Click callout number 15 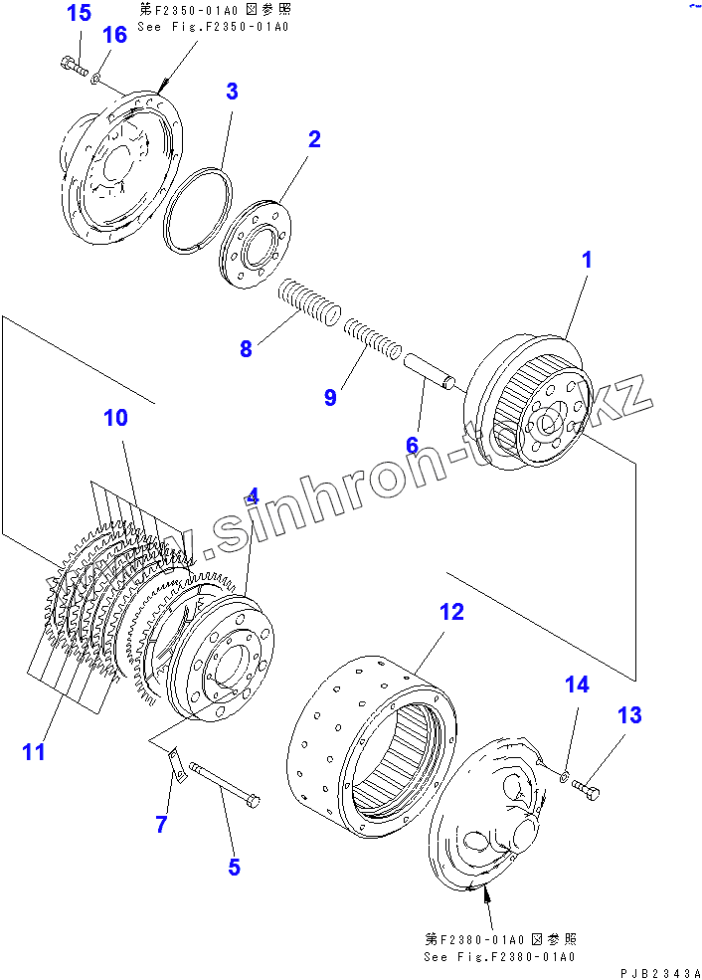79,14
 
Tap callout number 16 114,36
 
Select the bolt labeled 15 73,67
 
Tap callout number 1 586,261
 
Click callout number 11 34,752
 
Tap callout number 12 451,612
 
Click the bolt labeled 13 587,792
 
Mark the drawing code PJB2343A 658,972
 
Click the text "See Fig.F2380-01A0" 499,957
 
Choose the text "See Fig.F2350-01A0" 215,26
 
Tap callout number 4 253,496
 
